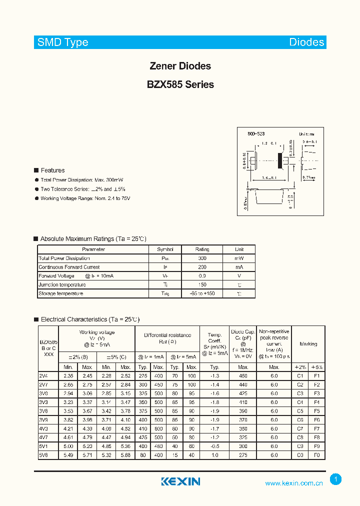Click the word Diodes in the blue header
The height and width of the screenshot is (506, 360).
pyautogui.click(x=306, y=42)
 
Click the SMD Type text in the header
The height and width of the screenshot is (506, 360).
pyautogui.click(x=62, y=42)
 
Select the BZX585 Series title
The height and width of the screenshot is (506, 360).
pyautogui.click(x=180, y=84)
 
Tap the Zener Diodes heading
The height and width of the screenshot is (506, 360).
pyautogui.click(x=180, y=66)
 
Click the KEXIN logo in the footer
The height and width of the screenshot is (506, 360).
pyautogui.click(x=180, y=481)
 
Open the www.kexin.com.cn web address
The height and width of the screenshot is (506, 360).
pyautogui.click(x=293, y=483)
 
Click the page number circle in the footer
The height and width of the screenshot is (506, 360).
pyautogui.click(x=335, y=479)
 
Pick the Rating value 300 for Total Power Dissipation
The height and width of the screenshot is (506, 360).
pyautogui.click(x=202, y=258)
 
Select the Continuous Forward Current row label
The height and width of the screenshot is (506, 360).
pyautogui.click(x=69, y=267)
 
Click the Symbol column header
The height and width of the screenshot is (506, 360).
pyautogui.click(x=165, y=249)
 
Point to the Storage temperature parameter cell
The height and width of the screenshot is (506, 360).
pyautogui.click(x=60, y=293)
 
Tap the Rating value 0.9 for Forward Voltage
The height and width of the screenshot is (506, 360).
pyautogui.click(x=202, y=276)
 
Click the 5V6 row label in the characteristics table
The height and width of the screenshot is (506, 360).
pyautogui.click(x=43, y=455)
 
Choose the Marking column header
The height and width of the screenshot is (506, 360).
pyautogui.click(x=308, y=344)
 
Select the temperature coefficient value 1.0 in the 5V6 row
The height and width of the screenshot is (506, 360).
pyautogui.click(x=215, y=455)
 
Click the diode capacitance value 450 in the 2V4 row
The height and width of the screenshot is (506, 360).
pyautogui.click(x=243, y=375)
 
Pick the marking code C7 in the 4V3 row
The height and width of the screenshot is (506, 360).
pyautogui.click(x=300, y=428)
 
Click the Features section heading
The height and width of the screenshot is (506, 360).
pyautogui.click(x=52, y=170)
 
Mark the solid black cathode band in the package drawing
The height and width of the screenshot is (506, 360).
pyautogui.click(x=279, y=160)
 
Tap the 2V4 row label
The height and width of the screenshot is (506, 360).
pyautogui.click(x=43, y=375)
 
